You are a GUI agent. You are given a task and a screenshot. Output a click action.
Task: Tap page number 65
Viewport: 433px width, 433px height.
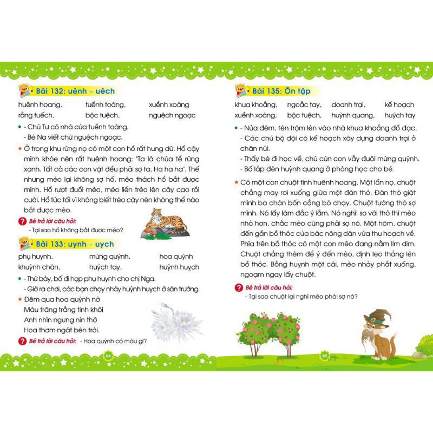(x=325, y=355)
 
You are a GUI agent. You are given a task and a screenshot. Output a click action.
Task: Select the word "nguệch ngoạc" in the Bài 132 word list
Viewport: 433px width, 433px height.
(x=172, y=115)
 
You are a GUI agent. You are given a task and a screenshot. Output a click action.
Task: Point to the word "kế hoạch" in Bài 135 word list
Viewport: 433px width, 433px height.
(x=399, y=104)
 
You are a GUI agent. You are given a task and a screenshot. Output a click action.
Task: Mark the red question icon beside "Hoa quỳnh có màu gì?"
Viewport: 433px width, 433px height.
(x=22, y=341)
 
